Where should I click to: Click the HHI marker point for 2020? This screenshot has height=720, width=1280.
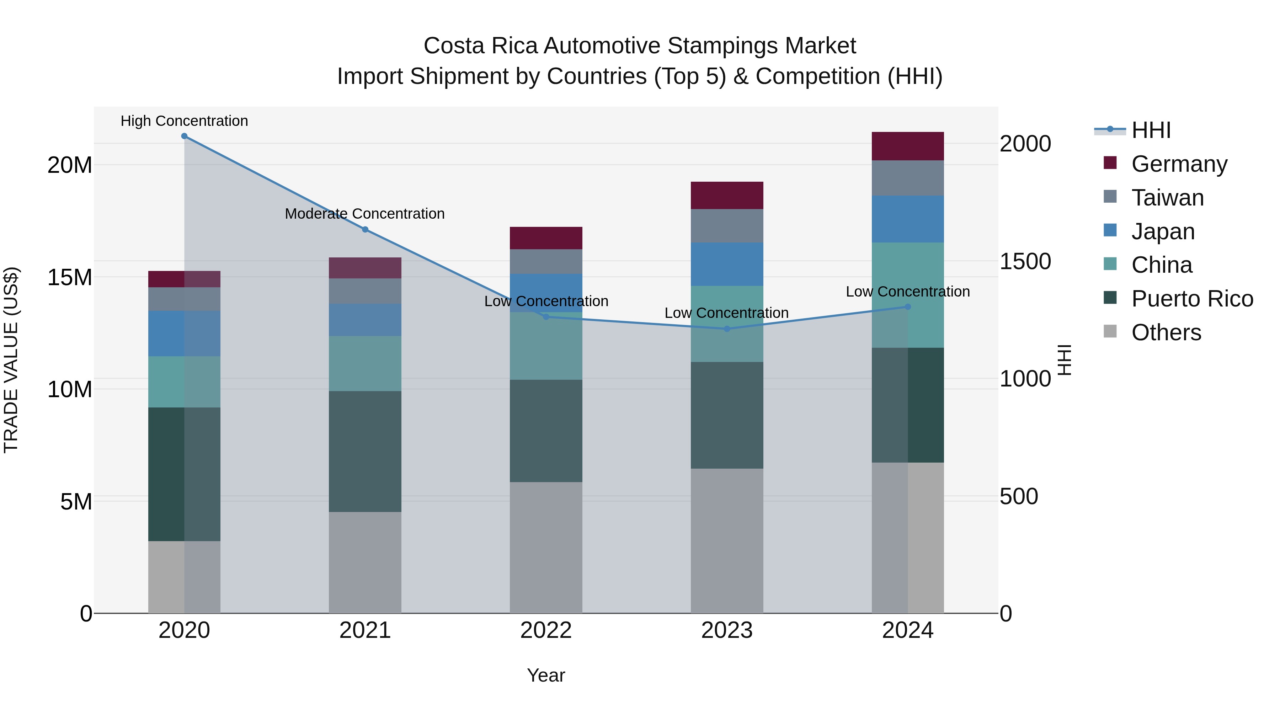tap(184, 136)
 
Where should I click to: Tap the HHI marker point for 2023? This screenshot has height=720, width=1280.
tap(727, 329)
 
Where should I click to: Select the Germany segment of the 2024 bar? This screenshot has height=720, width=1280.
tap(908, 146)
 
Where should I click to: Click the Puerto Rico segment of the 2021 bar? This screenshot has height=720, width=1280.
tap(365, 452)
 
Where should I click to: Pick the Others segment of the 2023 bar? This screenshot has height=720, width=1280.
tap(727, 540)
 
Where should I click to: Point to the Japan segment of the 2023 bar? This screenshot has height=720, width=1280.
tap(727, 264)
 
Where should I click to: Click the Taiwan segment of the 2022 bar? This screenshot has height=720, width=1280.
tap(546, 262)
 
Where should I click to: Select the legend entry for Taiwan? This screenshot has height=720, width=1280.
tap(1167, 198)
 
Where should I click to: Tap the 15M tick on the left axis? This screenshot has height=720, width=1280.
tap(70, 277)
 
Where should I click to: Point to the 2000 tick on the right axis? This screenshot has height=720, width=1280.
tap(1025, 144)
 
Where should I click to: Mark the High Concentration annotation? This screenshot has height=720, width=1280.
tap(184, 121)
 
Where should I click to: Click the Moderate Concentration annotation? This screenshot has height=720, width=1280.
tap(365, 214)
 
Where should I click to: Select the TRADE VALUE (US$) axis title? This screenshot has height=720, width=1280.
tap(11, 360)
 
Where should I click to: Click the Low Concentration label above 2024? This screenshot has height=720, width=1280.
tap(908, 292)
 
